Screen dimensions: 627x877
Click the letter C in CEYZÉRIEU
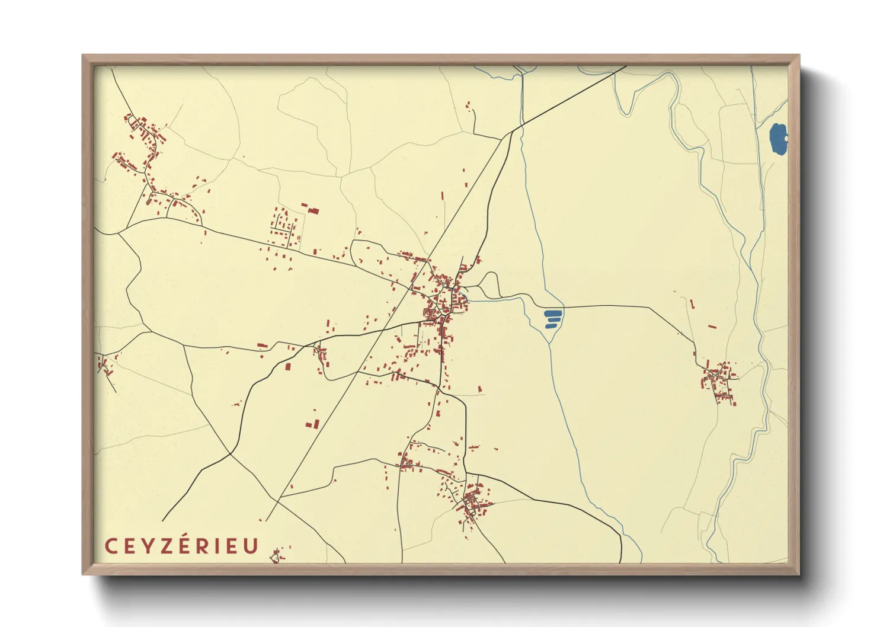point(111,546)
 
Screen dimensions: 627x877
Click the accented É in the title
point(186,545)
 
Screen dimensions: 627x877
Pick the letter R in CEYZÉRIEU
point(205,546)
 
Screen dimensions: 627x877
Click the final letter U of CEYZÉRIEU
point(252,546)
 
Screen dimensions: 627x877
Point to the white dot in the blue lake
point(786,139)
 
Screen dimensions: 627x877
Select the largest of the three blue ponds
point(553,313)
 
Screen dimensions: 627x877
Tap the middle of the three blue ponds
point(553,320)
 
